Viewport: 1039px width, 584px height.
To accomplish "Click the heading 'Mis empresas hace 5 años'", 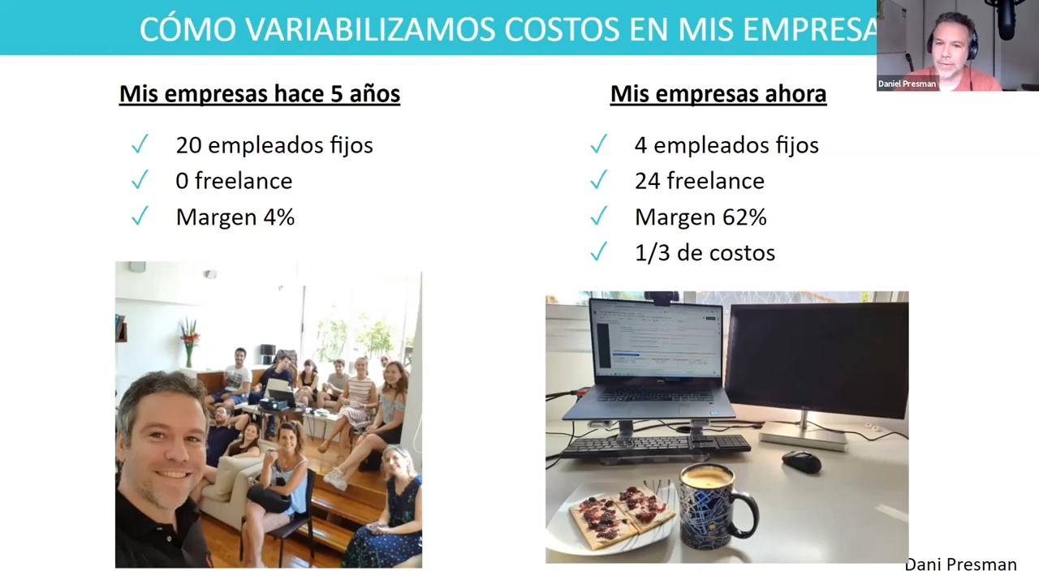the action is [260, 94].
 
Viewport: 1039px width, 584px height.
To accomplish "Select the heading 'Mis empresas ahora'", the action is [718, 94].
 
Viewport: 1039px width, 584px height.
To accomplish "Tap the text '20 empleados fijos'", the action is [274, 145].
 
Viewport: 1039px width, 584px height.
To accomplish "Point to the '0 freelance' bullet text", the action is [234, 181].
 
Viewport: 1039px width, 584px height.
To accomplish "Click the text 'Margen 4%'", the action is [235, 217].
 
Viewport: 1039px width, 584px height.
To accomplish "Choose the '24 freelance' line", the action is [700, 181].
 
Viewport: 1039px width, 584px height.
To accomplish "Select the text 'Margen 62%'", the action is [701, 217].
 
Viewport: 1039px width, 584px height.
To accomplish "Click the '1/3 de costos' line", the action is [705, 253].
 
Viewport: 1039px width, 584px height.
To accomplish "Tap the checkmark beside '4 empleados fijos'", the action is [598, 144].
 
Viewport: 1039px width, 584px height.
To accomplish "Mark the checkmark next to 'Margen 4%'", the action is [140, 216].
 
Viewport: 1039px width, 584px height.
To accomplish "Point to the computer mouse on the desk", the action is [801, 462].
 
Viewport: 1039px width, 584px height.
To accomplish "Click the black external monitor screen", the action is [817, 360].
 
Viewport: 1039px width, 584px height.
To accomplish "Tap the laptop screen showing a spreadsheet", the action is [658, 339].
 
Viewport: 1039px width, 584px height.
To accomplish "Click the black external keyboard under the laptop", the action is [654, 447].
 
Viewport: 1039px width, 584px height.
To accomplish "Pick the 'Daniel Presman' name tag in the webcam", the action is [907, 84].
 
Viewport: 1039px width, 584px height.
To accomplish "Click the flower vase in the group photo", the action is [189, 343].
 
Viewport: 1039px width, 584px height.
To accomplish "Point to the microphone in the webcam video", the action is [1007, 19].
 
